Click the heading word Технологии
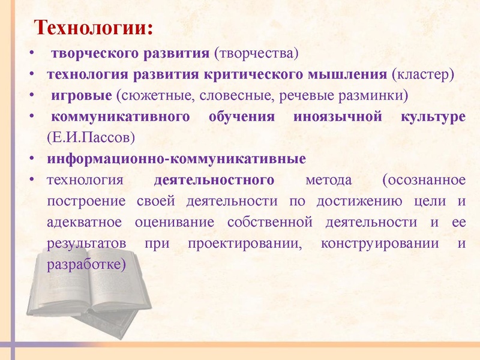click(92, 28)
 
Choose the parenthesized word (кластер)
click(423, 74)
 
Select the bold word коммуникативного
click(121, 116)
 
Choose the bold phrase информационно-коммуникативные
click(176, 159)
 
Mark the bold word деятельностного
click(214, 179)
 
